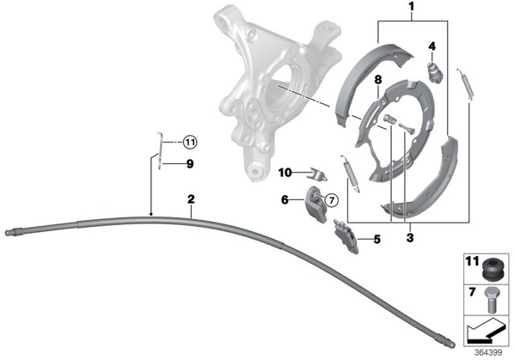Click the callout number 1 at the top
412,7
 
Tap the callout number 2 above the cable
191,198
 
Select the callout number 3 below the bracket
410,237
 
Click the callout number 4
432,46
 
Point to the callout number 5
377,240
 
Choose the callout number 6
285,199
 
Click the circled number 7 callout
332,199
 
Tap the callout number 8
378,80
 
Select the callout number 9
190,164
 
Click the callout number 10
285,173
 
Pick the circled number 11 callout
190,143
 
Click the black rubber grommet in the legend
492,269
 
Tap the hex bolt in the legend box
491,300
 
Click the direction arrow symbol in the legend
485,330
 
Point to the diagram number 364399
488,352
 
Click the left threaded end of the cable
10,232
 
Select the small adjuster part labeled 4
435,70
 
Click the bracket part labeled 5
346,236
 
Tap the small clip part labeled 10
316,174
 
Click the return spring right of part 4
466,83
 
